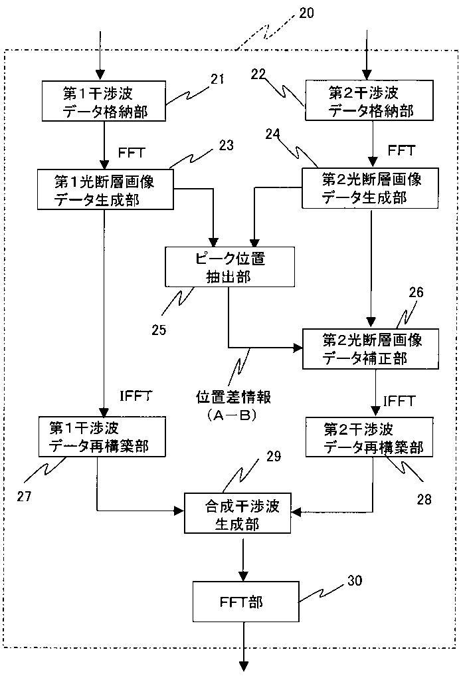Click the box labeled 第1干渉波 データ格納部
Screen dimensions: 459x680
tap(104, 100)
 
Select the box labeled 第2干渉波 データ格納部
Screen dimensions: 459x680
tap(369, 100)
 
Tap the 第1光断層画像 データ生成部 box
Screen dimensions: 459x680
tap(106, 189)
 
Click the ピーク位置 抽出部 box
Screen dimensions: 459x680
tap(230, 267)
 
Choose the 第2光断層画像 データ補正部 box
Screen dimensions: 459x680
tap(371, 349)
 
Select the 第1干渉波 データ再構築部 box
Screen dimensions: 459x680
tap(102, 436)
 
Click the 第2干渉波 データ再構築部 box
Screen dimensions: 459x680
tap(369, 437)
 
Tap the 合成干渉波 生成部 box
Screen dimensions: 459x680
tap(238, 513)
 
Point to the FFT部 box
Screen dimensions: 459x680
tap(246, 602)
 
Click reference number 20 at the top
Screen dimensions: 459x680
tap(306, 13)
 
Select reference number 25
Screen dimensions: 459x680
tap(159, 330)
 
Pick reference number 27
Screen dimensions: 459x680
tap(24, 496)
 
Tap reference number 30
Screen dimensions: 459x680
tap(355, 580)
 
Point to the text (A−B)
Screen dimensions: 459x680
tap(232, 415)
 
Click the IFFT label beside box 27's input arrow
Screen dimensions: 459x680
tap(136, 396)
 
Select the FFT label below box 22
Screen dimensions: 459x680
tap(401, 150)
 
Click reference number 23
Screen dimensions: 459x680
tap(227, 145)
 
